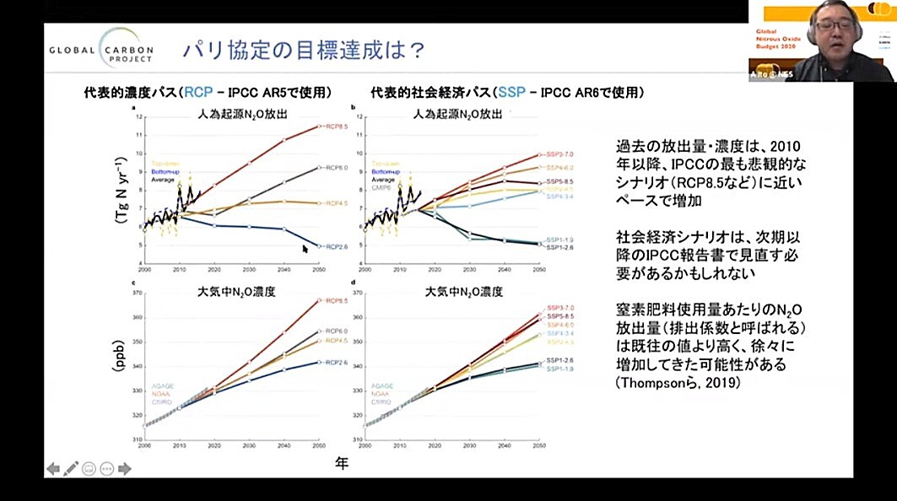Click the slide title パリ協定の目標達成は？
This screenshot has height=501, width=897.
click(303, 50)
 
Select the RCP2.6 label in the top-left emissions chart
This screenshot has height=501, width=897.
click(332, 246)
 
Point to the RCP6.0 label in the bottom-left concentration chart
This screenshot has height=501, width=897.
click(332, 331)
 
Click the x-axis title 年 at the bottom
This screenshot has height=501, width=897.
click(341, 462)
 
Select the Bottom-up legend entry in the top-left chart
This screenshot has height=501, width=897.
click(166, 171)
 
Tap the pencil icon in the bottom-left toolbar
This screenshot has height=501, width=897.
click(71, 468)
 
